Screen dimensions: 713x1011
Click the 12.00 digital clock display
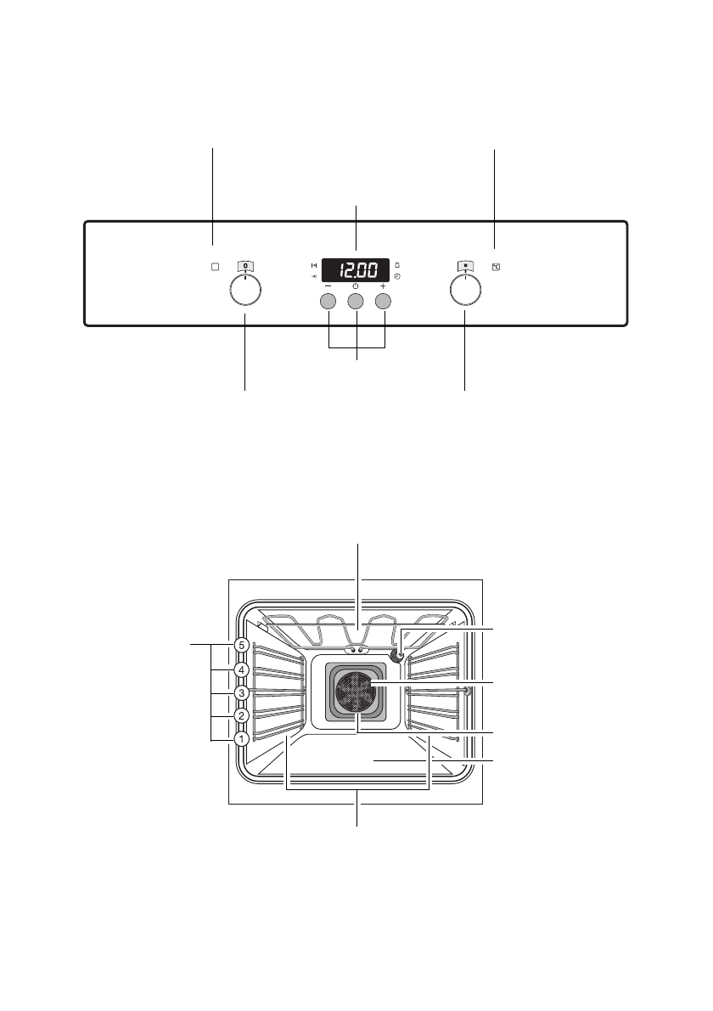click(x=356, y=269)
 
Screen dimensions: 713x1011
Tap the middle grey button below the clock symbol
click(x=356, y=301)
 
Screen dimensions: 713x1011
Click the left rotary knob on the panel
click(x=245, y=290)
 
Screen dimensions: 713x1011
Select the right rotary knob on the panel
click(x=466, y=290)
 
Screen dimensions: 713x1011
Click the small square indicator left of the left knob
click(x=215, y=266)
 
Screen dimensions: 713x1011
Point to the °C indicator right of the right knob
click(x=496, y=266)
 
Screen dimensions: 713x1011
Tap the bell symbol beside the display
click(x=397, y=265)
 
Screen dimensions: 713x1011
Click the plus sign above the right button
click(x=383, y=285)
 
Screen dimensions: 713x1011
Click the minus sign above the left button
click(x=328, y=285)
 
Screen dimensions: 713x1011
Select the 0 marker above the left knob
click(x=245, y=266)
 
